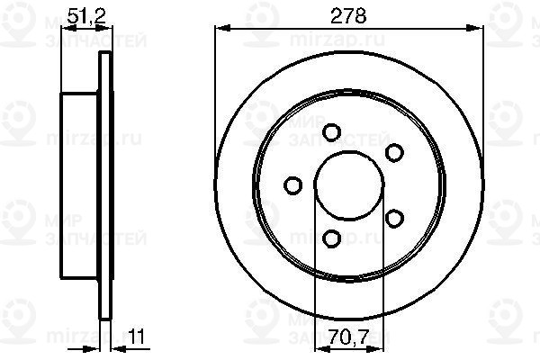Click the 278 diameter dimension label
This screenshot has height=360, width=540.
[x=348, y=16]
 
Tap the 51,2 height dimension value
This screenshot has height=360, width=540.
[x=86, y=16]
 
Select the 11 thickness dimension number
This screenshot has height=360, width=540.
[x=137, y=337]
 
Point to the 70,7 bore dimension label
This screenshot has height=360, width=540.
[x=349, y=337]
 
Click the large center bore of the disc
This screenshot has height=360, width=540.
[x=349, y=185]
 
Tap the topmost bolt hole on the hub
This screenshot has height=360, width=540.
[x=331, y=132]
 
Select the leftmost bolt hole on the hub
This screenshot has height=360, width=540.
[x=293, y=185]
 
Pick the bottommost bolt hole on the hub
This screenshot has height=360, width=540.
[x=331, y=238]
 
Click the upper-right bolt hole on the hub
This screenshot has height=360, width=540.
[x=394, y=152]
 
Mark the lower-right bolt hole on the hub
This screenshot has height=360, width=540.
[x=394, y=218]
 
